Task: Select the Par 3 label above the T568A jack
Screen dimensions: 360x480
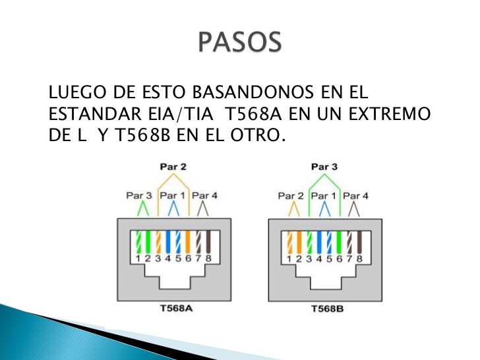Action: tap(139, 196)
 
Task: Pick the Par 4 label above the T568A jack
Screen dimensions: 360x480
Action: tap(204, 196)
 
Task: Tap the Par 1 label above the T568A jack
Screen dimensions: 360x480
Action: tap(173, 196)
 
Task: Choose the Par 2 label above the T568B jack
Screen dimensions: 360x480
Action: tap(291, 196)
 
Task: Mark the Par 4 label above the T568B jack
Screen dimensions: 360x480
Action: tap(356, 196)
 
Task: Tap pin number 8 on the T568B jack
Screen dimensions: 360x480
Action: tap(359, 259)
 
